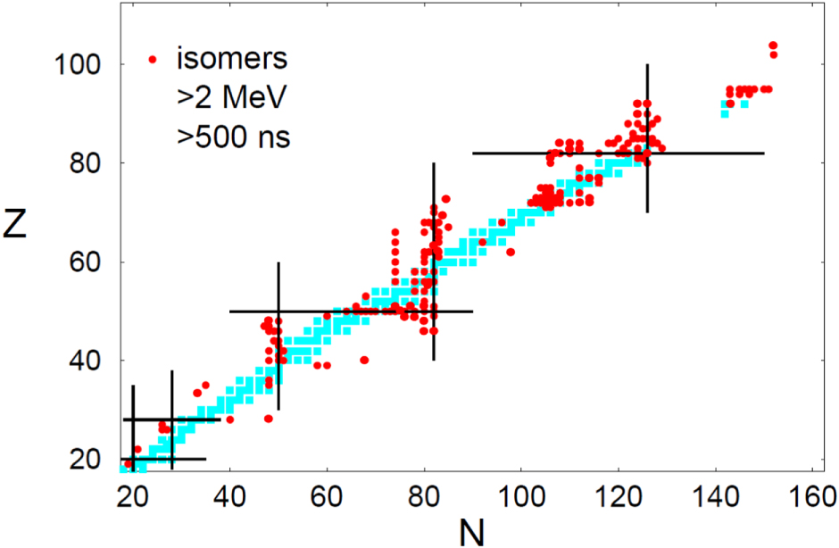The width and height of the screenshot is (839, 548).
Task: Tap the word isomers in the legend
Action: pyautogui.click(x=232, y=60)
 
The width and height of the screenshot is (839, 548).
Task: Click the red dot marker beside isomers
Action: pyautogui.click(x=154, y=60)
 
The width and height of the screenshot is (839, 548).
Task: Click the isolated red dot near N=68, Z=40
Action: pyautogui.click(x=364, y=360)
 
